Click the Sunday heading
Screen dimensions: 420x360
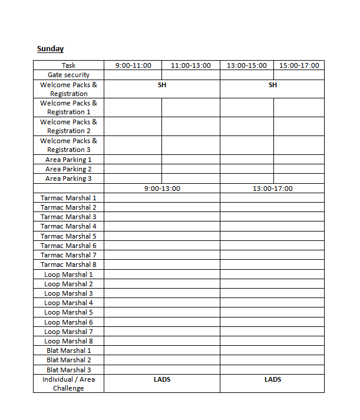click(x=50, y=49)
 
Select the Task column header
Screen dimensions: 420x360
click(x=68, y=65)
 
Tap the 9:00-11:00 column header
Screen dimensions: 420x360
click(x=133, y=65)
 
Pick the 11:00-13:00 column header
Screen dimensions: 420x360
click(x=191, y=65)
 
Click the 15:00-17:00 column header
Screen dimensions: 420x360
click(x=299, y=65)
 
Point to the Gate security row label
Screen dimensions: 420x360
click(x=68, y=75)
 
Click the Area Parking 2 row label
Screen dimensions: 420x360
click(x=68, y=169)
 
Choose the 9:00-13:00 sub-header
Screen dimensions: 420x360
click(x=162, y=188)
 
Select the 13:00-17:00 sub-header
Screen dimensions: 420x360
click(x=273, y=188)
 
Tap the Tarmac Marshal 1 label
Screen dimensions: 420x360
click(x=68, y=198)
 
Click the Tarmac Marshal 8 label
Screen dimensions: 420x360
click(x=68, y=264)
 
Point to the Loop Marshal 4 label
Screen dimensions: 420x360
click(x=68, y=303)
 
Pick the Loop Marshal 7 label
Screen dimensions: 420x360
click(x=68, y=332)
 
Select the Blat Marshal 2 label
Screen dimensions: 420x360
click(x=68, y=360)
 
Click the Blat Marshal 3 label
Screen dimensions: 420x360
click(x=68, y=370)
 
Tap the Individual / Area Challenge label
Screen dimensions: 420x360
click(x=68, y=383)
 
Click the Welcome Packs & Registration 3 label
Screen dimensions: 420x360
click(x=68, y=145)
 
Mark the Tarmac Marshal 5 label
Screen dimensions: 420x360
click(x=68, y=236)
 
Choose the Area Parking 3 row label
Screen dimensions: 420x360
click(x=68, y=178)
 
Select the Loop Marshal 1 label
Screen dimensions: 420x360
click(x=68, y=275)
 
